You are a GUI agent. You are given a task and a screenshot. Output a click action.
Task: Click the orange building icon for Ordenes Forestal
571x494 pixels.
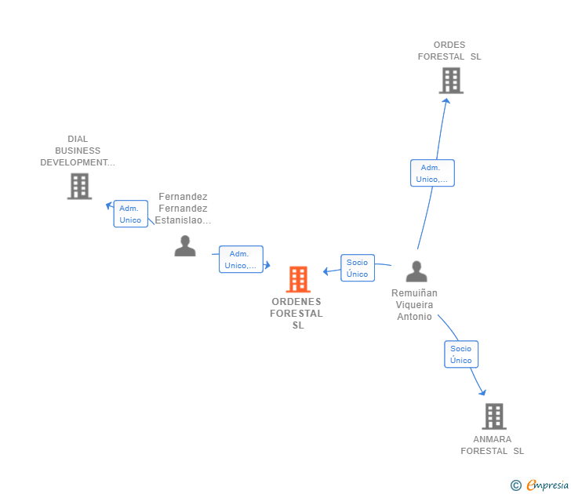pos(298,279)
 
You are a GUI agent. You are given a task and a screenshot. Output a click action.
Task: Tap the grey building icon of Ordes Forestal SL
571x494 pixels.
pos(451,80)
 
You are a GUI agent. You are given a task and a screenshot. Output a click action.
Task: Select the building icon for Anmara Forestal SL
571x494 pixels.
pos(493,416)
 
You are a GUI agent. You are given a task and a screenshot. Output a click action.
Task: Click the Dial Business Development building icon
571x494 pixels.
pos(79,186)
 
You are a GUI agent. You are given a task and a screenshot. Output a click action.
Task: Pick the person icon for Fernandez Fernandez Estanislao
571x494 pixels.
pos(185,245)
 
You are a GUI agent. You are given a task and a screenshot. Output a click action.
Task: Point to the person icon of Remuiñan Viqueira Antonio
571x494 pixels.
pos(416,271)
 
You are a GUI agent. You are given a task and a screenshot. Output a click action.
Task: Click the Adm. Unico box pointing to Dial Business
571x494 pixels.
pos(130,214)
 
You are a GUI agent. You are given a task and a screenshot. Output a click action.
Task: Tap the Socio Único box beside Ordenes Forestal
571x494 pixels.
pos(357,268)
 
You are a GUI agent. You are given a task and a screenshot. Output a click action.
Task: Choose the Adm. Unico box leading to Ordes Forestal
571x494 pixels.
pos(432,173)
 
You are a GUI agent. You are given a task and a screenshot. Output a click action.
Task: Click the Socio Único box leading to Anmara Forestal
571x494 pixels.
pos(461,354)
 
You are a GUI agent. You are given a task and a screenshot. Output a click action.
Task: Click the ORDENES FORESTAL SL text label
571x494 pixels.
pos(296,314)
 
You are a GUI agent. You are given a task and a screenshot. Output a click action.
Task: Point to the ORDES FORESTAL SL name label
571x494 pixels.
pos(449,51)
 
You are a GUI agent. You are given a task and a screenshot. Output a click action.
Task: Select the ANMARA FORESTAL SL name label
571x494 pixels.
pos(493,445)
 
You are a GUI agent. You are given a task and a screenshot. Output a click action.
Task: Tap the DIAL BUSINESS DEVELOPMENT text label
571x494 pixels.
pos(78,151)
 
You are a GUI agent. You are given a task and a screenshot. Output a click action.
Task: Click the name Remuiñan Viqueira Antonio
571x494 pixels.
pos(414,305)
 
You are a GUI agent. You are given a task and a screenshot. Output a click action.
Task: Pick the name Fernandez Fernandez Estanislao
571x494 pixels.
pos(183,209)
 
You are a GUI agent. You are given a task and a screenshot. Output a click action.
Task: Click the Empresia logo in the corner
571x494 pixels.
pos(540,485)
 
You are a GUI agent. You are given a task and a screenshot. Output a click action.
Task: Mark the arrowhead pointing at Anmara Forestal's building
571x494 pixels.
pos(482,392)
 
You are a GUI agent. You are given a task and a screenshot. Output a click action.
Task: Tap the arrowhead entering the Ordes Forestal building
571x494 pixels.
pos(446,100)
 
